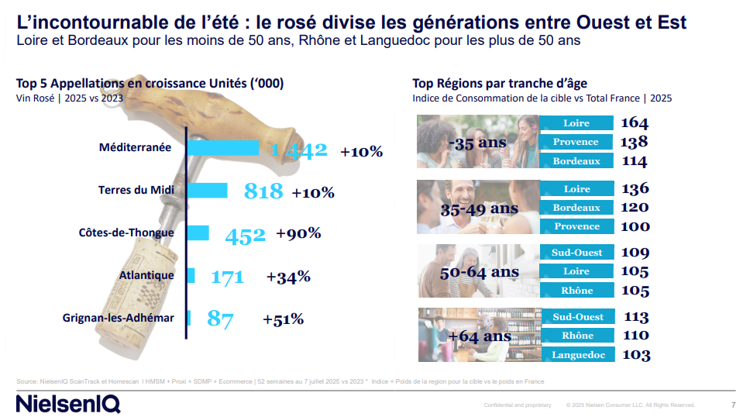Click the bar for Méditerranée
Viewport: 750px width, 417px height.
point(223,148)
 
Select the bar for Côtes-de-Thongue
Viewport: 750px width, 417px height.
point(198,233)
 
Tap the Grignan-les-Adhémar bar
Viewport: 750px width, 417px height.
point(190,318)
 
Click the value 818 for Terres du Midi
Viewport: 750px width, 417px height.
point(263,191)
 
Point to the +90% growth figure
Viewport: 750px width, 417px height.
point(298,233)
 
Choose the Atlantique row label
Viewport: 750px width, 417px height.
point(146,275)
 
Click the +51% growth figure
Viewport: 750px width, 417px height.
point(283,319)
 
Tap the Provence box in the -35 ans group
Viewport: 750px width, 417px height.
point(576,142)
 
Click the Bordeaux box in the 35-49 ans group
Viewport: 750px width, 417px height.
point(576,208)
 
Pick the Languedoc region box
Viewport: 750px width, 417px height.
point(576,354)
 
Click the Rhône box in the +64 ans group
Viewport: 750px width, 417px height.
point(576,336)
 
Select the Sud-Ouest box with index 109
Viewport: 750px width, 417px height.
point(576,253)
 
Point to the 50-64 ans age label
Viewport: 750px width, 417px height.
point(469,272)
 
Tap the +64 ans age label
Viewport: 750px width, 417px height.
point(480,336)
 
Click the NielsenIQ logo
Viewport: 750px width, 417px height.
point(68,404)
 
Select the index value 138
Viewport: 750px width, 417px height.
point(635,143)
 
